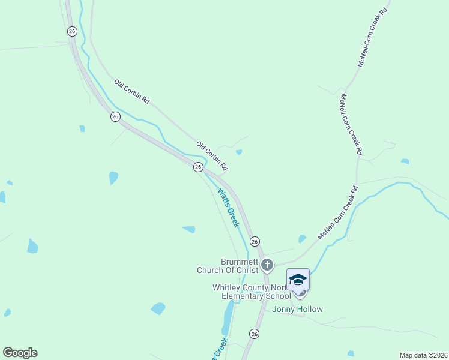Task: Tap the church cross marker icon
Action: pyautogui.click(x=267, y=264)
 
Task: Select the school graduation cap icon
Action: pyautogui.click(x=298, y=280)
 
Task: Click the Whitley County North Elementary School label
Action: pyautogui.click(x=252, y=292)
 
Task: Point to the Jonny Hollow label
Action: pyautogui.click(x=297, y=310)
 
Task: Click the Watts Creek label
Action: pyautogui.click(x=228, y=208)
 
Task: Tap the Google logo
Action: pyautogui.click(x=20, y=353)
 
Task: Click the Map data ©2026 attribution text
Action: pyautogui.click(x=424, y=355)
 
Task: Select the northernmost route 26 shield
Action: pyautogui.click(x=72, y=31)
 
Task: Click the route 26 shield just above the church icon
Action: pyautogui.click(x=255, y=241)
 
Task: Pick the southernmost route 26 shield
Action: pyautogui.click(x=255, y=334)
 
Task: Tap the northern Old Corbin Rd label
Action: pyautogui.click(x=131, y=92)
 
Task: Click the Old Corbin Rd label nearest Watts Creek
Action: pyautogui.click(x=212, y=154)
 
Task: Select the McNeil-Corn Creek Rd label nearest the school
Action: pyautogui.click(x=338, y=213)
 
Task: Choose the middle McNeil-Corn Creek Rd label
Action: pyautogui.click(x=351, y=125)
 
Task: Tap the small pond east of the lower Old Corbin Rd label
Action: pyautogui.click(x=239, y=152)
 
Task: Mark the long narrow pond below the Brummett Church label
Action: pyautogui.click(x=228, y=317)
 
